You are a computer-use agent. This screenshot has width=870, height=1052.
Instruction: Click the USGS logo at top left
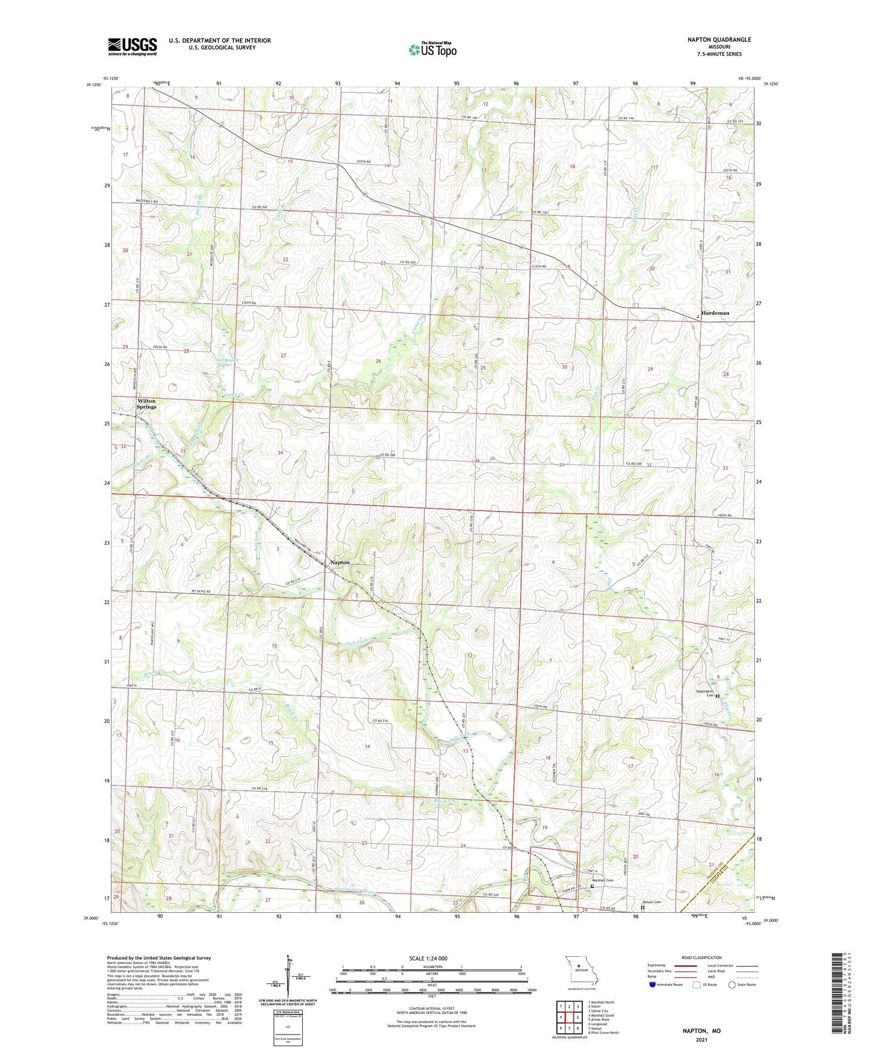132,46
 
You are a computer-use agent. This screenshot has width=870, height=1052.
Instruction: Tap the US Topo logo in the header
432,49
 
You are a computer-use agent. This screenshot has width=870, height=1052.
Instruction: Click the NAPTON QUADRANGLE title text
719,40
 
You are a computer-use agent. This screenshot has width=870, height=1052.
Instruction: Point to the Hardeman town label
715,313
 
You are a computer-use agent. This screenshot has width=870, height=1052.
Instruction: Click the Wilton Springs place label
146,404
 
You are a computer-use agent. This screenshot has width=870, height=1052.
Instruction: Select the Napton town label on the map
340,562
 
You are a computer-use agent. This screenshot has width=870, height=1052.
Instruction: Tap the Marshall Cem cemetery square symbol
592,886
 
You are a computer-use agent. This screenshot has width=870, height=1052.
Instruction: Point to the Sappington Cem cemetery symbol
718,695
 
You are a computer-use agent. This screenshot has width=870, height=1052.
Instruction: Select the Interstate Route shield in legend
653,985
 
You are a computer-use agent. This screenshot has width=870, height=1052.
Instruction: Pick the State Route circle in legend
732,985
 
